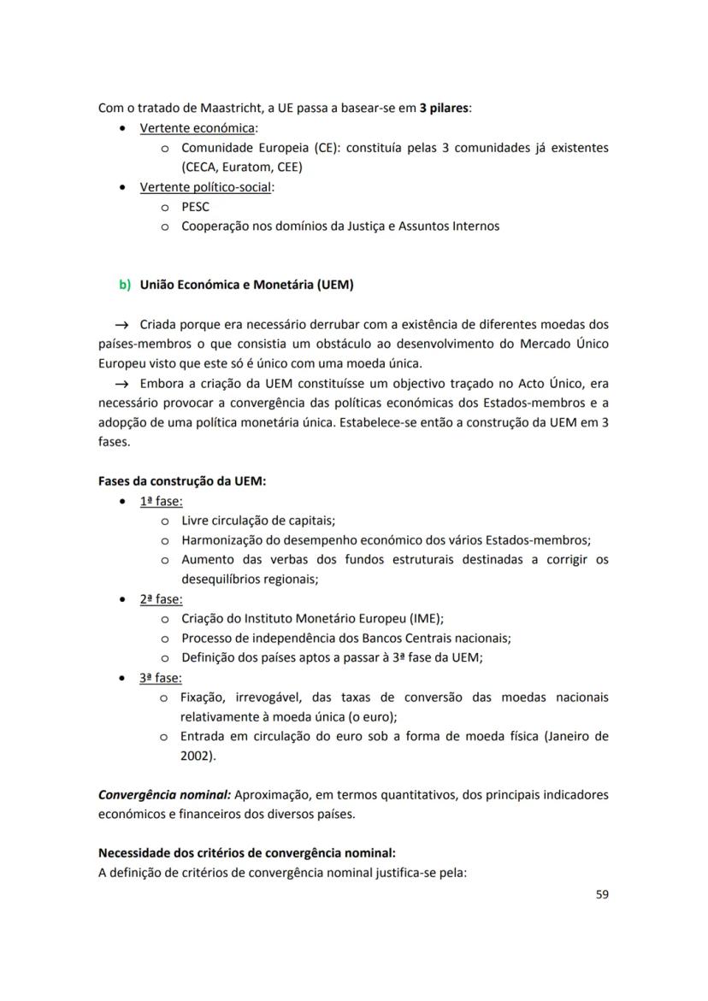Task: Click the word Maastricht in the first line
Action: click(210, 109)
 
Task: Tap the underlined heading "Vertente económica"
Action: click(198, 128)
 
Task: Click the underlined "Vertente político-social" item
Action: click(205, 187)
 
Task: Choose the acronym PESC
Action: click(195, 207)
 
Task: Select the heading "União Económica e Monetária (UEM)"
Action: click(246, 285)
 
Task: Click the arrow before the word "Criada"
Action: click(121, 325)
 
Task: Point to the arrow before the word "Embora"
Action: click(121, 383)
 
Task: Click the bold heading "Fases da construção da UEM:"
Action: click(182, 481)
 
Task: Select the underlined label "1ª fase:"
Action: click(161, 501)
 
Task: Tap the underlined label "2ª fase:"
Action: click(161, 599)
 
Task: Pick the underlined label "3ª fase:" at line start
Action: click(161, 678)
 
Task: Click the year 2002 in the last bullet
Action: click(196, 757)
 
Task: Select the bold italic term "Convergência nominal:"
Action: click(164, 795)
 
